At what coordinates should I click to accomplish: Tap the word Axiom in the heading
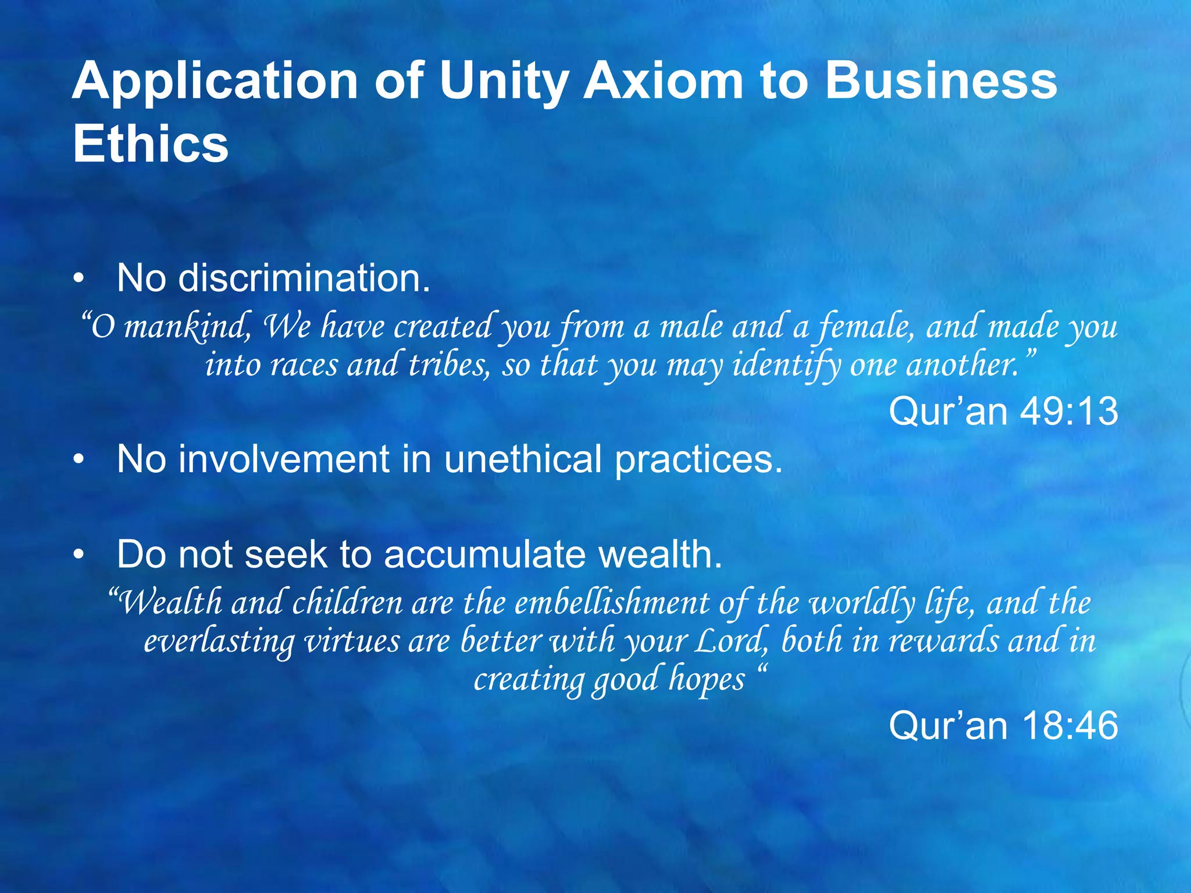point(663,81)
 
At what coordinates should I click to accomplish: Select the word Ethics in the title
point(150,144)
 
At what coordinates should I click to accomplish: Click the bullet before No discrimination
point(79,279)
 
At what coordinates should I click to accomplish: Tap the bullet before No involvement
point(79,460)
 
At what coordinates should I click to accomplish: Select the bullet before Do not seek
point(79,555)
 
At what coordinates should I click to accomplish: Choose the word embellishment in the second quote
point(612,602)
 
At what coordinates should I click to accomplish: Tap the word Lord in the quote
point(733,641)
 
